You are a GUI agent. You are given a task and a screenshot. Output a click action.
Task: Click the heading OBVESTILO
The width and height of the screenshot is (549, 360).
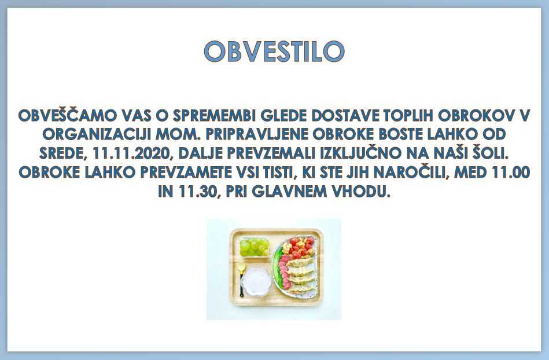coord(274,52)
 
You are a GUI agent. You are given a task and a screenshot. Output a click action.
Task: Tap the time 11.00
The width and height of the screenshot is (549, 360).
coord(511,172)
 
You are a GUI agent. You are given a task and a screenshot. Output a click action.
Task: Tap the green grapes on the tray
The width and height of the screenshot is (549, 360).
coord(255,247)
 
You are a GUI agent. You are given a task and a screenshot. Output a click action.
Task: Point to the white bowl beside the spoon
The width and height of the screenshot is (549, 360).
coord(257,281)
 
